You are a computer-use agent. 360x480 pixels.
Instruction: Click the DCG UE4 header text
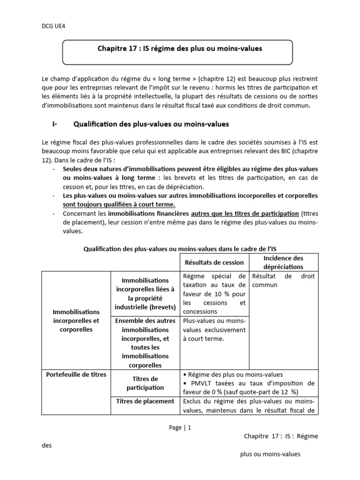pyautogui.click(x=53, y=26)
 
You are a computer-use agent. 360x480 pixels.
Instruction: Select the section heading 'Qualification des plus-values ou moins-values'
pyautogui.click(x=151, y=124)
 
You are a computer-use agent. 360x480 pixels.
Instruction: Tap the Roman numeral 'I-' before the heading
pyautogui.click(x=55, y=124)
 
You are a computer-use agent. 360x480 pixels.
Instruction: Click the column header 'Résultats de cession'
pyautogui.click(x=214, y=262)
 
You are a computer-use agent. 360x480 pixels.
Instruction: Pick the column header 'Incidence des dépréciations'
pyautogui.click(x=283, y=262)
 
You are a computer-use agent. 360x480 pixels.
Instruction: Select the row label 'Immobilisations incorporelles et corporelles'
pyautogui.click(x=75, y=320)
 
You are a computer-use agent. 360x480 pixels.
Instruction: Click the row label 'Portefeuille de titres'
pyautogui.click(x=76, y=375)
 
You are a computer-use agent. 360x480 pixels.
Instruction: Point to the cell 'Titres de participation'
pyautogui.click(x=145, y=383)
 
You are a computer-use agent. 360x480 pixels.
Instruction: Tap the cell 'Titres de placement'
pyautogui.click(x=145, y=401)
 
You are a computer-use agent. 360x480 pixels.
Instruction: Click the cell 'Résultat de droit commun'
pyautogui.click(x=283, y=280)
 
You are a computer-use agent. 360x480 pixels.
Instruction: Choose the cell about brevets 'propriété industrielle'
pyautogui.click(x=145, y=294)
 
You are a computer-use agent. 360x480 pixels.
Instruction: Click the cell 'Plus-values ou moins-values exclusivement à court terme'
pyautogui.click(x=214, y=330)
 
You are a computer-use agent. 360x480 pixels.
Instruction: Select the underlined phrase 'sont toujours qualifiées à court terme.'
pyautogui.click(x=119, y=204)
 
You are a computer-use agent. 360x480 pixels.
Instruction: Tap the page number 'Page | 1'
pyautogui.click(x=180, y=427)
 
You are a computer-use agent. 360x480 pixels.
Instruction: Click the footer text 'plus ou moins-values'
pyautogui.click(x=270, y=454)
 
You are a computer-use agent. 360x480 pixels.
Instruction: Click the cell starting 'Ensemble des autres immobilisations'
pyautogui.click(x=145, y=343)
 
